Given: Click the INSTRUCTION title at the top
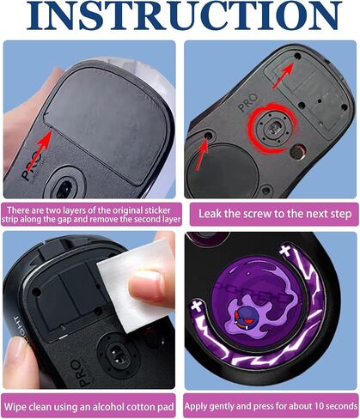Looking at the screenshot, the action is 184,15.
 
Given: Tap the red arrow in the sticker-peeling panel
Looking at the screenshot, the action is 41,149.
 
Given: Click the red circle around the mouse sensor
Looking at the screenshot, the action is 272,128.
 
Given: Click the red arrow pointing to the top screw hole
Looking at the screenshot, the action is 284,76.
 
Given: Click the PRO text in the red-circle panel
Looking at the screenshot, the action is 248,103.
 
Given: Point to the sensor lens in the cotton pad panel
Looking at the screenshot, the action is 117,355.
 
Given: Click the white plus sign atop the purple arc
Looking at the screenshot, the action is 285,250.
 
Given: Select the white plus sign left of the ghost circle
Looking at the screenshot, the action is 197,306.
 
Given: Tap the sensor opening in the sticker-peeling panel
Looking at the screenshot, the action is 64,189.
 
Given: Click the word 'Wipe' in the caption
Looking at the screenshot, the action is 15,407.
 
